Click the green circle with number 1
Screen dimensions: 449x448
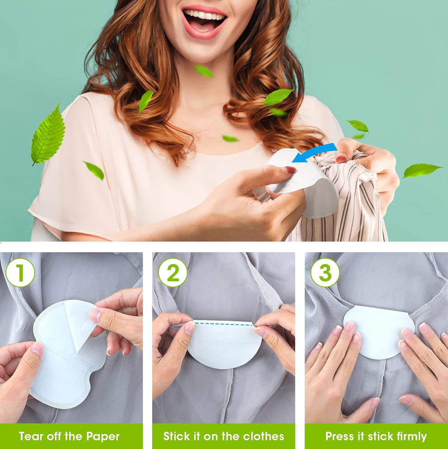[20, 272]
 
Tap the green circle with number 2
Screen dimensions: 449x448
[173, 272]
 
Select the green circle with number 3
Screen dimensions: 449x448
[325, 272]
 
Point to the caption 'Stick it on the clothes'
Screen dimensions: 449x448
[224, 436]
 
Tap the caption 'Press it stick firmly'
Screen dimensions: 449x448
[376, 436]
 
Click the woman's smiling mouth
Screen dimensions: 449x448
[204, 20]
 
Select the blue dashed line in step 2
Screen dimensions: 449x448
[224, 324]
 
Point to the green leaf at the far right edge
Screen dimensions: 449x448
[421, 170]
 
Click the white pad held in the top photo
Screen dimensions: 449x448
[306, 184]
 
